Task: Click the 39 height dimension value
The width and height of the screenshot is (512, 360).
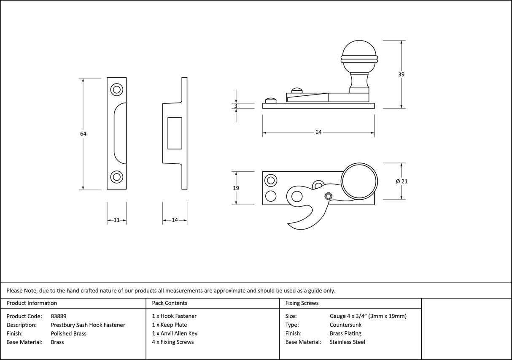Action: point(401,74)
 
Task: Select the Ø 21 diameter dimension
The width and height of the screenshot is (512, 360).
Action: point(402,181)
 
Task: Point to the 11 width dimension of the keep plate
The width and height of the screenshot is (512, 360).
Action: point(117,220)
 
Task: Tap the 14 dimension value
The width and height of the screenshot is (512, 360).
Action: point(175,220)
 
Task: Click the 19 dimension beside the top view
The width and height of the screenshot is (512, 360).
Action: point(236,188)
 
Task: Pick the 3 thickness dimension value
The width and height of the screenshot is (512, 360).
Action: point(236,106)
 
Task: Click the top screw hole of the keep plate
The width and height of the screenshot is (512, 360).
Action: point(116,89)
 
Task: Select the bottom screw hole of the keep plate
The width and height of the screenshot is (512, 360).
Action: point(116,177)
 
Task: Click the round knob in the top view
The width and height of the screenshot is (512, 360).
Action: point(358,182)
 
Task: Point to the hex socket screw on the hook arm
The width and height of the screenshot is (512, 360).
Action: point(328,195)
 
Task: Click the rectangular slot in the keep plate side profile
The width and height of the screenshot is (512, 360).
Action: point(175,133)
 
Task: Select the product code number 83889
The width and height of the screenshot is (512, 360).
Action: point(59,316)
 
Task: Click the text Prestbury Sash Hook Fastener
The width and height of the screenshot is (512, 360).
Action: point(88,325)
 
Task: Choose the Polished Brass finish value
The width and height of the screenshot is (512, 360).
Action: point(68,333)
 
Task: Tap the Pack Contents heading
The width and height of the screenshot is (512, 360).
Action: point(170,303)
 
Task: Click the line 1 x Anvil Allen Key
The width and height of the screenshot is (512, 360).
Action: point(175,333)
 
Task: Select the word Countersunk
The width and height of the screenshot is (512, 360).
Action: point(345,325)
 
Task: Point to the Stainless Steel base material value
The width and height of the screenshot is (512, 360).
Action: point(347,342)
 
